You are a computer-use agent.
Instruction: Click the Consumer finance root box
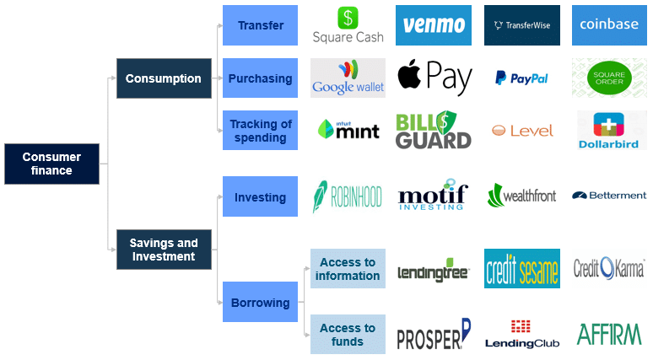(x=51, y=164)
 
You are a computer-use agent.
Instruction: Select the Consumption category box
(x=164, y=78)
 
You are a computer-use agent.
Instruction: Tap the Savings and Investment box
(x=164, y=250)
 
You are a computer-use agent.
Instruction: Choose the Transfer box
(x=261, y=25)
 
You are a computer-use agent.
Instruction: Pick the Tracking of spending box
(x=261, y=131)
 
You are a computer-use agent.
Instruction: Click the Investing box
(x=261, y=196)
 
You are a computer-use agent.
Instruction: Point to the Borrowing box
(x=261, y=302)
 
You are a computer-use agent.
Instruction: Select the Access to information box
(x=348, y=268)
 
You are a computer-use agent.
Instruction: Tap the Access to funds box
(x=348, y=334)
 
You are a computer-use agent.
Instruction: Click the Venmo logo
(x=434, y=25)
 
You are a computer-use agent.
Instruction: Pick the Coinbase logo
(x=609, y=25)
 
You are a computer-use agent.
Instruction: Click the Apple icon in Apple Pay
(x=409, y=73)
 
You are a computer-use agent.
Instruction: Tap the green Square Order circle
(x=609, y=78)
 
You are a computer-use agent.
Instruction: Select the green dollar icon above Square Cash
(x=348, y=18)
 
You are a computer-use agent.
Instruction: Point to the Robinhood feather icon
(x=320, y=196)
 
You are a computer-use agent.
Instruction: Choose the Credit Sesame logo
(x=522, y=268)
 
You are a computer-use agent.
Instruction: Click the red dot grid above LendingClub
(x=521, y=326)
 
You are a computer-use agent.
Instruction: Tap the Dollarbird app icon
(x=609, y=125)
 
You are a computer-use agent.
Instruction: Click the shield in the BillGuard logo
(x=445, y=123)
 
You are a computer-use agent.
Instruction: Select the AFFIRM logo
(x=609, y=335)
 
